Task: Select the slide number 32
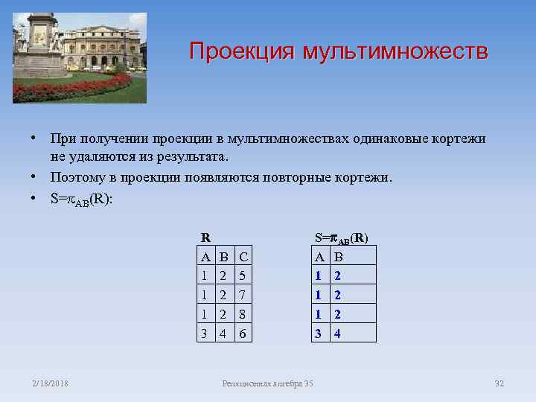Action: [500, 383]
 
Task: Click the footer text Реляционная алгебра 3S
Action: [268, 383]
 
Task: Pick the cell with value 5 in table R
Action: [243, 275]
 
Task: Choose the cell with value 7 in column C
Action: [243, 295]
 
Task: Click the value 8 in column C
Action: [243, 314]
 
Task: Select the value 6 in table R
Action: [243, 334]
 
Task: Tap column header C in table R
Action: [243, 257]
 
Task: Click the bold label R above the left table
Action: [205, 238]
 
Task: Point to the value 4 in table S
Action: [337, 334]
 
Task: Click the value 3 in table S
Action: [319, 334]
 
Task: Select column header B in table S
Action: [338, 257]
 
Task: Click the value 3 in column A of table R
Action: [205, 334]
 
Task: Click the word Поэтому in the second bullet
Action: [77, 178]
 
